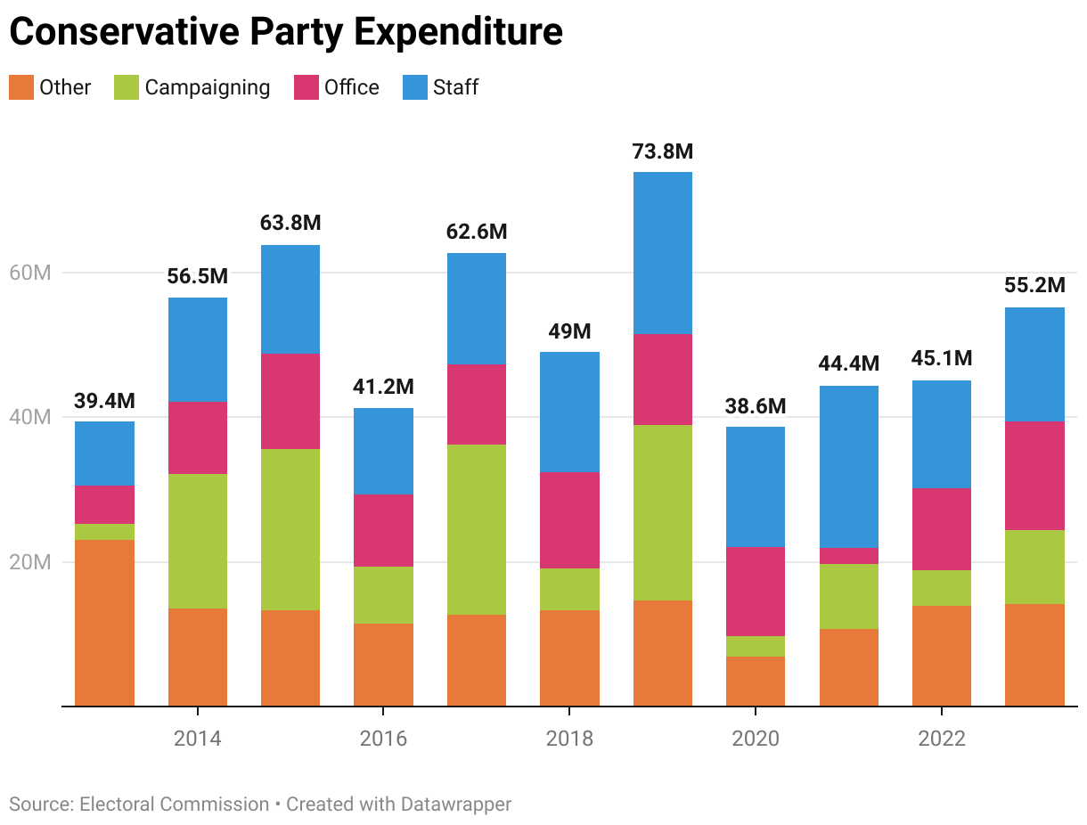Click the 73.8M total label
(662, 152)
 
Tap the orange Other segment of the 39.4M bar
(104, 622)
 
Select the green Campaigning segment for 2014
(198, 541)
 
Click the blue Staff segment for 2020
(756, 486)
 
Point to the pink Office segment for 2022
(941, 528)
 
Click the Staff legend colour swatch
(415, 87)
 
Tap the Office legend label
(351, 87)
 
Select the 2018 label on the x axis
(569, 739)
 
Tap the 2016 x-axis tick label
(383, 739)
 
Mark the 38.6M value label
(756, 407)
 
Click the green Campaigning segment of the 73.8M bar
(662, 512)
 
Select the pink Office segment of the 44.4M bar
(848, 556)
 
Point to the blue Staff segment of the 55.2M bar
(1034, 364)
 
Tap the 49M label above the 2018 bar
(569, 332)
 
